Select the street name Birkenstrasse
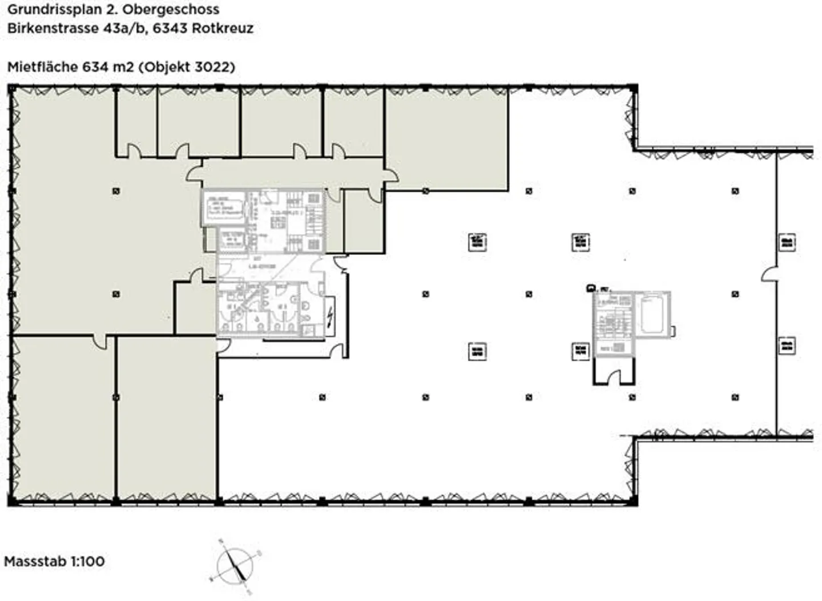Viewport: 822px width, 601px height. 53,28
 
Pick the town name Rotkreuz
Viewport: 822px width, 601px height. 223,28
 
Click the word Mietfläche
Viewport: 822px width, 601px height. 42,67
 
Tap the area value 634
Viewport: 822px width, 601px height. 95,67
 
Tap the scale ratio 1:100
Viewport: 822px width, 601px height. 87,561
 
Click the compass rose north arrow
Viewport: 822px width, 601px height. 235,565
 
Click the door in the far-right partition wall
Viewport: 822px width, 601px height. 769,274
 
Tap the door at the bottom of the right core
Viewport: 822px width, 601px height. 614,378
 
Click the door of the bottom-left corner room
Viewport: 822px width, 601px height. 100,342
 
